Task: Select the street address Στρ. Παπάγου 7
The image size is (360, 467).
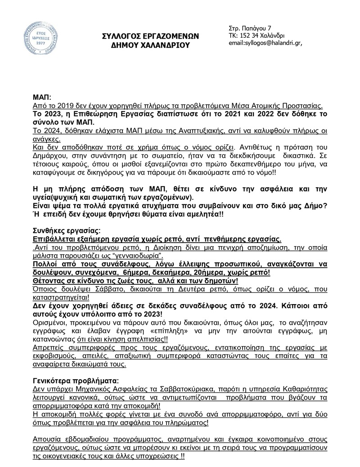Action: point(253,28)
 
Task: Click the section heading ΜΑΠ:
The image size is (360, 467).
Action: point(42,97)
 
